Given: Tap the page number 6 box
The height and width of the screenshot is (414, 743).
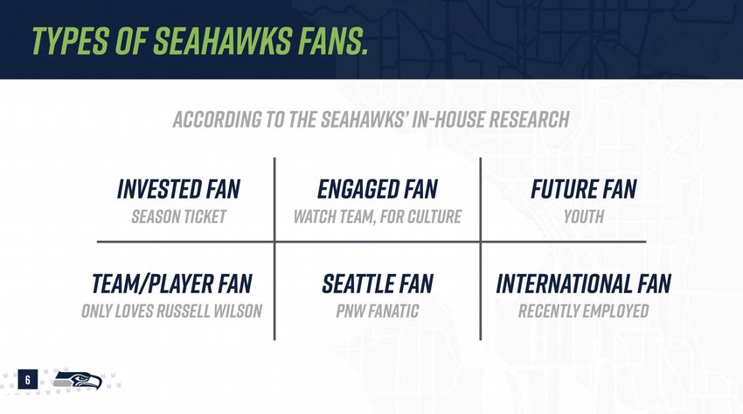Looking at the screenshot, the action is [x=27, y=379].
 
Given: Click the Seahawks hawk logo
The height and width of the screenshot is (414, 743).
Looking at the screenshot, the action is [x=77, y=380].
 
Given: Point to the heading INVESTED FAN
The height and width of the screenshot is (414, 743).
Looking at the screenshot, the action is [x=178, y=189].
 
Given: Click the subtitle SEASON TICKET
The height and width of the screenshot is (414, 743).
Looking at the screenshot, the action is [x=178, y=217].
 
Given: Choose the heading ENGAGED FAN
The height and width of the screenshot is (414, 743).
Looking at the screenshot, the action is [x=378, y=189].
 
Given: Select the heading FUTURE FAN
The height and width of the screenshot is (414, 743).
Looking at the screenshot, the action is [x=583, y=189].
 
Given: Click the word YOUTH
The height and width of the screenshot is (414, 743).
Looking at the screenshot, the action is [x=583, y=217].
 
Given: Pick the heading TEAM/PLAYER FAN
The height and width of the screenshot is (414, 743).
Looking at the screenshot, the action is [x=171, y=284].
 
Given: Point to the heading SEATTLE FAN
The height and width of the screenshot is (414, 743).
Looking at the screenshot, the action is [x=378, y=284].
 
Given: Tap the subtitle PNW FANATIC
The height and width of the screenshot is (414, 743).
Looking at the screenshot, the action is [x=378, y=311].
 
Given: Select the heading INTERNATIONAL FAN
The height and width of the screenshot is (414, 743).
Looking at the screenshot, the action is [x=583, y=284].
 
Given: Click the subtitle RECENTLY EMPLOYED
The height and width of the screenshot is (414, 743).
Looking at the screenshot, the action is [x=583, y=311].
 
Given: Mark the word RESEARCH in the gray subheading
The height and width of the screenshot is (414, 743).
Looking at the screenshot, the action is [x=530, y=120].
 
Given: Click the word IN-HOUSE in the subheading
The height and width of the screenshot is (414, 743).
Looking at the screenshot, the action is [x=448, y=120].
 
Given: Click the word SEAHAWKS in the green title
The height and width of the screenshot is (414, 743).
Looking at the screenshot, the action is [x=222, y=40].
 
